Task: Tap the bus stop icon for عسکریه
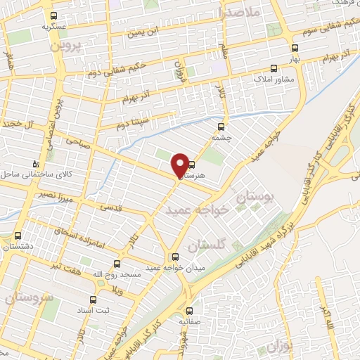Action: (54, 15)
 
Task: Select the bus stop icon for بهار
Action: (294, 49)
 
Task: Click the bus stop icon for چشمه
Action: (221, 127)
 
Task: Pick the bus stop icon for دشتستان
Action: (17, 236)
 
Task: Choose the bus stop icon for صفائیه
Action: (188, 310)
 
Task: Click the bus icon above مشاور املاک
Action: (274, 68)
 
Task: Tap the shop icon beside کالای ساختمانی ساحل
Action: (37, 164)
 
